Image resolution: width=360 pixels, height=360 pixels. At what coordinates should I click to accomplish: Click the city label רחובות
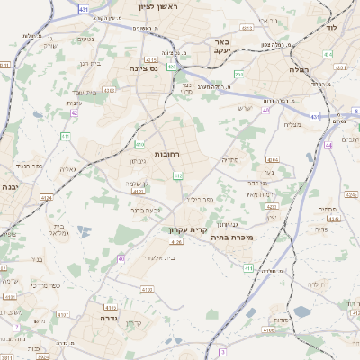[170, 154]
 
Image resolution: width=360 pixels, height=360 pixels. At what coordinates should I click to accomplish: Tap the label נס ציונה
[142, 68]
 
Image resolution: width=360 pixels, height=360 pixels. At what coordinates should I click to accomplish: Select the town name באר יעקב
[224, 47]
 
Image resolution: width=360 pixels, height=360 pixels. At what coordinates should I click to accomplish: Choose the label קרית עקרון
[190, 229]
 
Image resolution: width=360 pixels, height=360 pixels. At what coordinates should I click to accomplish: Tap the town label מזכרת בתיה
[248, 238]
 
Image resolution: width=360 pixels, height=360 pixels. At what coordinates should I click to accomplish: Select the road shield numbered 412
[178, 175]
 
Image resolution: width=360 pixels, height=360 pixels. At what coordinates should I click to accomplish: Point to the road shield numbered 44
[329, 144]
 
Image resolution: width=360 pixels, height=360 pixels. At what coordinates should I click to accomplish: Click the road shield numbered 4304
[273, 159]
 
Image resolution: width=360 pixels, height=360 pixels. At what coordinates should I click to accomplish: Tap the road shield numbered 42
[74, 112]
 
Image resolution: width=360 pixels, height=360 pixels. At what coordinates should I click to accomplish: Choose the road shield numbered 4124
[138, 191]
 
